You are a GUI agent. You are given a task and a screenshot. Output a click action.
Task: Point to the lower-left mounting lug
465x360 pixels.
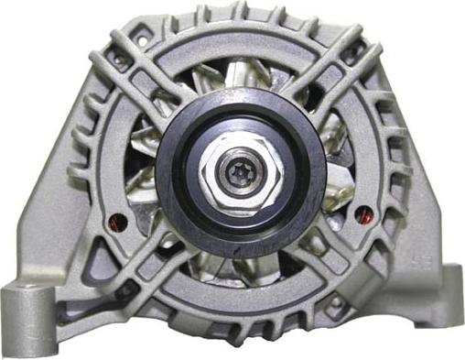27,311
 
